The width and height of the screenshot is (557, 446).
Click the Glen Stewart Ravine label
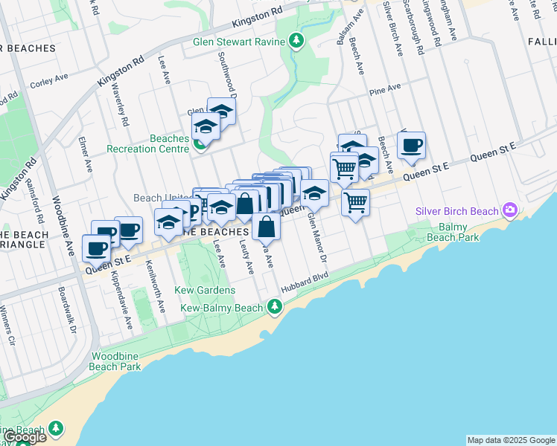[x=238, y=42]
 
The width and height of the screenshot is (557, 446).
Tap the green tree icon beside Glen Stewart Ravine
[x=296, y=41]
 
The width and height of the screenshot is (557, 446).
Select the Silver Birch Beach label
[x=457, y=211]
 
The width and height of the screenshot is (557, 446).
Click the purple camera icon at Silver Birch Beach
[x=510, y=210]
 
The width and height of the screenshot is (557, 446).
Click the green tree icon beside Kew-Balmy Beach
[x=275, y=306]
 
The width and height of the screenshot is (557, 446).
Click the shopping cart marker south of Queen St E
[x=356, y=201]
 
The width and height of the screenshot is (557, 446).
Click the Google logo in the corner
[x=25, y=437]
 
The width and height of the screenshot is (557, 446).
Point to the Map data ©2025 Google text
[x=511, y=440]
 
